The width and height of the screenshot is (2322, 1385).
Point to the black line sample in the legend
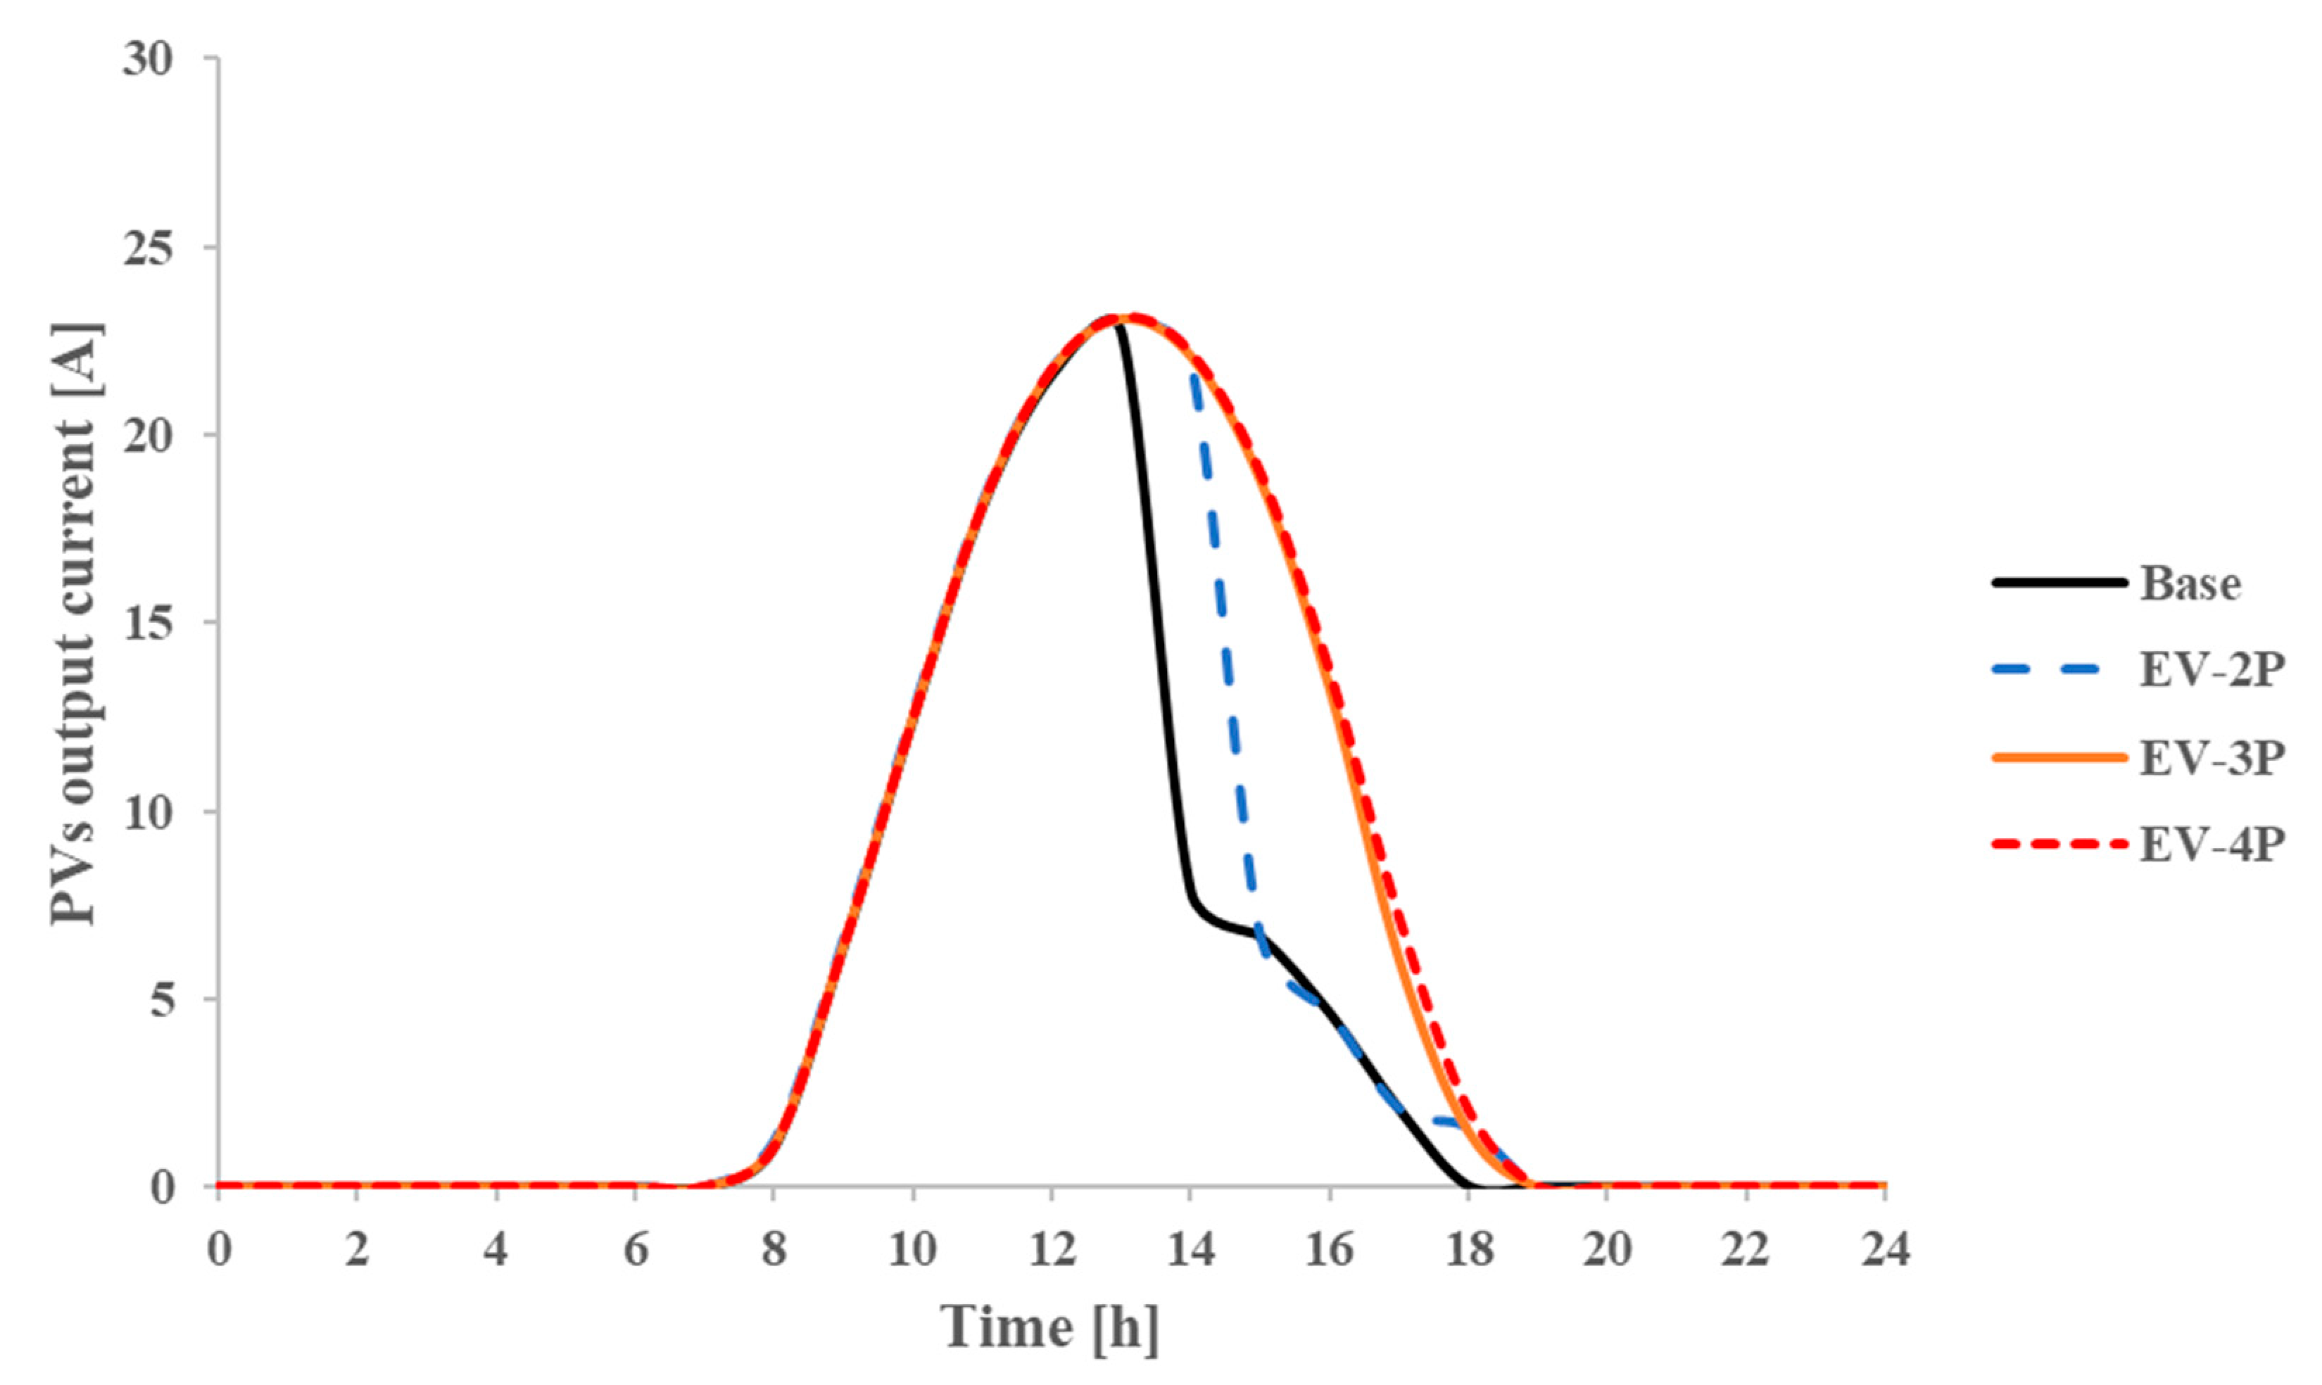tap(2059, 583)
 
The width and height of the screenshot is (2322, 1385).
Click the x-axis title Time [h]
tap(1051, 1327)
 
